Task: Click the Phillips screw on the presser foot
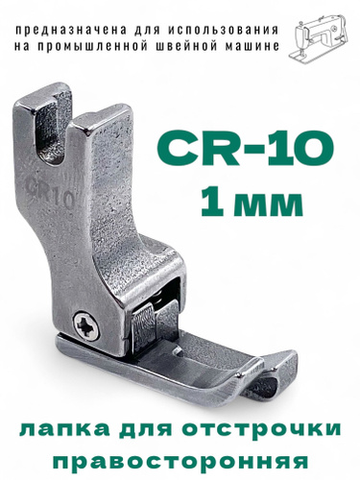(86, 325)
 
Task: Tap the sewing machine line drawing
(319, 38)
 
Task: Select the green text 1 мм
(252, 202)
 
